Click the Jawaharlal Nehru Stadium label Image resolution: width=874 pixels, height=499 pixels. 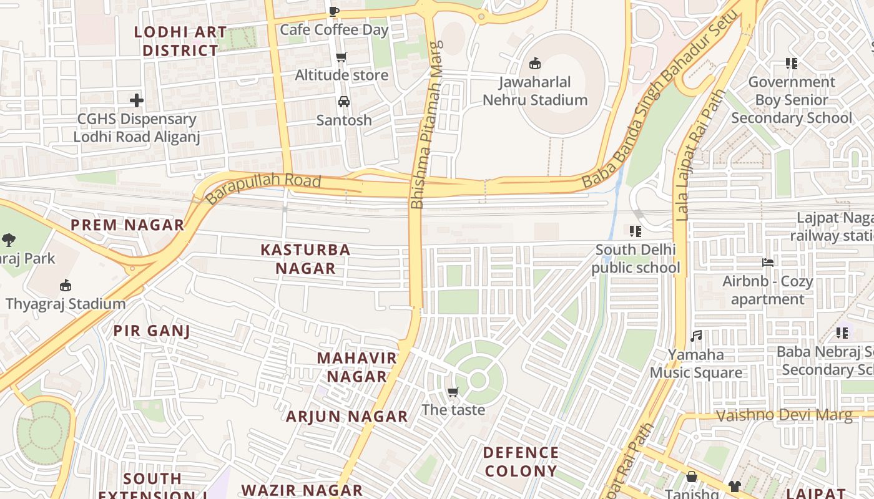click(x=535, y=91)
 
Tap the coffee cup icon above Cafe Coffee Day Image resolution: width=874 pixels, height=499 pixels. click(x=334, y=11)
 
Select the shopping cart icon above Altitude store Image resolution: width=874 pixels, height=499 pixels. click(x=341, y=57)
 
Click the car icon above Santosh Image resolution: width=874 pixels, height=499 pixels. click(x=343, y=102)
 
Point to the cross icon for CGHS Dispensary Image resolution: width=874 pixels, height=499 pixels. click(x=136, y=100)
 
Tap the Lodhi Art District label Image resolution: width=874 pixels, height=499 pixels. click(x=180, y=41)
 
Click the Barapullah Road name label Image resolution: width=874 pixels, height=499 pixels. click(x=263, y=189)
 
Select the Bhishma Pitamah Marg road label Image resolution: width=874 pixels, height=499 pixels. click(x=426, y=125)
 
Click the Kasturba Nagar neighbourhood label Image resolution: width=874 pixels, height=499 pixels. click(x=305, y=259)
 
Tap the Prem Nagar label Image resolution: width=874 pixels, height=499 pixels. click(x=127, y=225)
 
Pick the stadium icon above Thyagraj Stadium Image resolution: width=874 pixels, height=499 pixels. click(x=65, y=286)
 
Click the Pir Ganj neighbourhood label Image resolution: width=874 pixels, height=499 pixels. click(x=152, y=331)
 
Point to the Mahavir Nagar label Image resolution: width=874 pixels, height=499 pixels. click(x=356, y=367)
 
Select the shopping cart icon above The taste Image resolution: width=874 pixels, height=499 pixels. click(x=453, y=392)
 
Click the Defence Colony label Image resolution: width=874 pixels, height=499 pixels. click(x=521, y=462)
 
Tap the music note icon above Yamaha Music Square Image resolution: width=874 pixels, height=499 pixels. click(x=696, y=336)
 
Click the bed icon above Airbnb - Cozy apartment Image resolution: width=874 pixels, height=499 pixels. click(x=768, y=263)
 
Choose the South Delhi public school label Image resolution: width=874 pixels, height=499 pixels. click(x=636, y=259)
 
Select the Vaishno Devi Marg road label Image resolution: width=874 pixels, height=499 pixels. click(x=783, y=415)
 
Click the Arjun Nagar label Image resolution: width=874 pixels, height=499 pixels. click(x=346, y=417)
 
